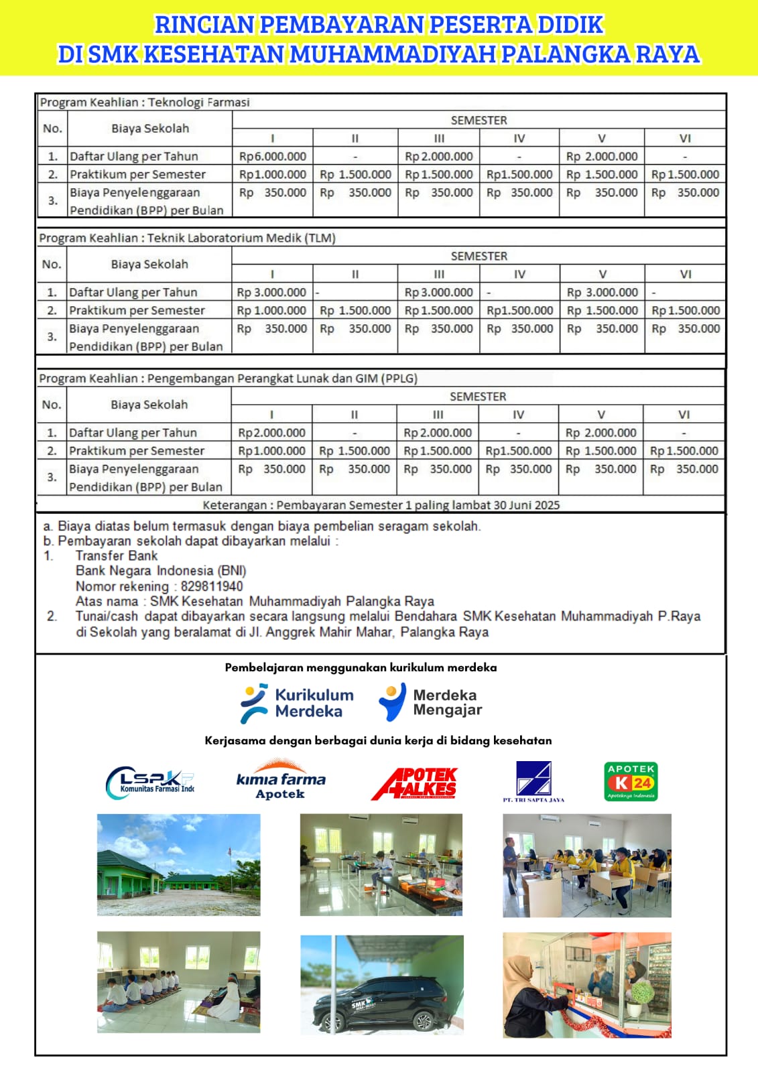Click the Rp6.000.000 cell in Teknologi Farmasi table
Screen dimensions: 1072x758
click(x=273, y=156)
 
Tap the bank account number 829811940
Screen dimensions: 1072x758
click(x=212, y=586)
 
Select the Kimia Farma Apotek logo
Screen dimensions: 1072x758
click(x=281, y=781)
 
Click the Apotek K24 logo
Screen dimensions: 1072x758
click(x=631, y=781)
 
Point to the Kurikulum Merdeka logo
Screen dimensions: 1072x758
click(x=297, y=703)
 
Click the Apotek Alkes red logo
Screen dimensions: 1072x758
click(x=414, y=783)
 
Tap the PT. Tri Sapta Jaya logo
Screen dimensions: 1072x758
click(x=533, y=781)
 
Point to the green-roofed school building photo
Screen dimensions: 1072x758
click(x=178, y=864)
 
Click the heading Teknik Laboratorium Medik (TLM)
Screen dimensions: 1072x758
click(x=241, y=238)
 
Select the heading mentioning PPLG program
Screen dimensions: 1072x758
click(x=282, y=379)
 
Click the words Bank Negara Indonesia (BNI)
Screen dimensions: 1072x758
click(x=161, y=571)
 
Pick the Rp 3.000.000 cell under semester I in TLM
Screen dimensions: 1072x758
click(x=271, y=292)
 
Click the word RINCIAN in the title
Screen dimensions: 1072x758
click(x=204, y=25)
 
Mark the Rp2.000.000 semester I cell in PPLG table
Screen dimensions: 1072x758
click(x=271, y=433)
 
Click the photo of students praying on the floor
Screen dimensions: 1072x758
click(x=178, y=982)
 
